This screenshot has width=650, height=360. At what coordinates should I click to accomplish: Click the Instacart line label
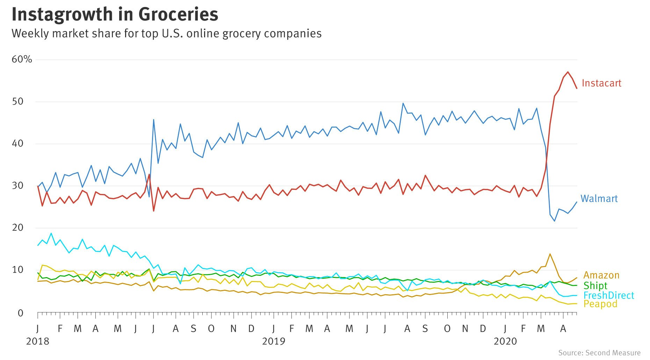point(601,83)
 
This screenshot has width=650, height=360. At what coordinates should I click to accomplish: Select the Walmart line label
point(599,199)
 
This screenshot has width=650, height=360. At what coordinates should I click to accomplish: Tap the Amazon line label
point(601,275)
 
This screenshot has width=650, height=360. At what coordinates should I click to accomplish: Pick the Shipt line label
point(595,286)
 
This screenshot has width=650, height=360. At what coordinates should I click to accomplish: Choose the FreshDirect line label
point(608,295)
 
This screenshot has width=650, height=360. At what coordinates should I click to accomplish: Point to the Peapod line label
point(600,304)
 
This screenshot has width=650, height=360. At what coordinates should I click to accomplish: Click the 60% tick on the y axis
point(22,59)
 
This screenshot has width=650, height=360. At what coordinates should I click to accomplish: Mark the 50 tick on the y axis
point(17,102)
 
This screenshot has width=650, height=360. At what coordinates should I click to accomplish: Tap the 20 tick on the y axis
point(17,228)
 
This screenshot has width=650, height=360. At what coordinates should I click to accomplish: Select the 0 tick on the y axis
point(20,313)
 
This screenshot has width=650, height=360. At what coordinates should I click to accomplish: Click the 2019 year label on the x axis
point(274,341)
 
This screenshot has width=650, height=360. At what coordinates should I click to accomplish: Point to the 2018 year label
point(37,341)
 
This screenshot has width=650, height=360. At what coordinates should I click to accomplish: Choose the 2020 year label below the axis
point(505,341)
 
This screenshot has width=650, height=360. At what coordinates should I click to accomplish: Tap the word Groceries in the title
point(178,15)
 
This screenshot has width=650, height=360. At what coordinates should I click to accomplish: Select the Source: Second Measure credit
point(599,353)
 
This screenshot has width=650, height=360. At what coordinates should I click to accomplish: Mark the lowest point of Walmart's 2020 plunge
point(554,221)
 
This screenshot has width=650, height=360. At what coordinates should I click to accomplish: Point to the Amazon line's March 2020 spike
point(550,254)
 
